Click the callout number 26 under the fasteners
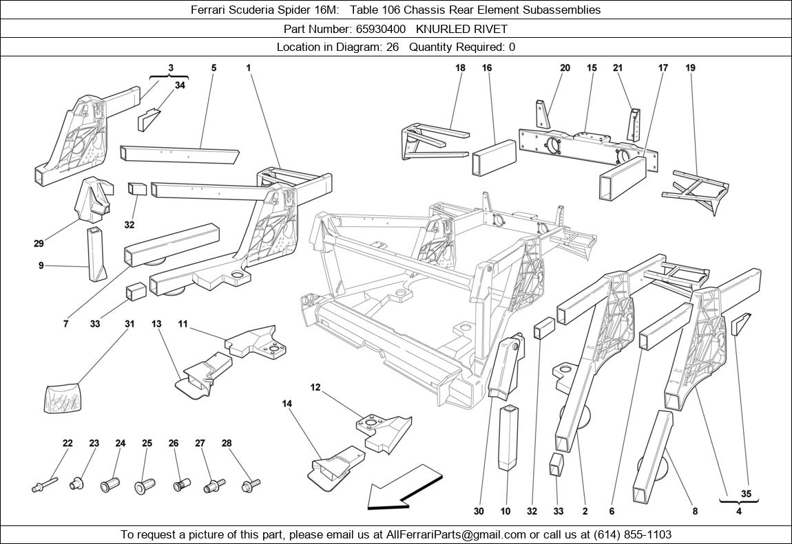174,444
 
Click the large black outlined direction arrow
403,488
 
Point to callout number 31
129,324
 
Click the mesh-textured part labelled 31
63,398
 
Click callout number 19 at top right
690,68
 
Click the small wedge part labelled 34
149,120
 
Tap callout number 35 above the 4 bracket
746,494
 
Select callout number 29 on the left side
39,243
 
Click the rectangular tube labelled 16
494,158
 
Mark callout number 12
315,388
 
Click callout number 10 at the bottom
506,511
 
